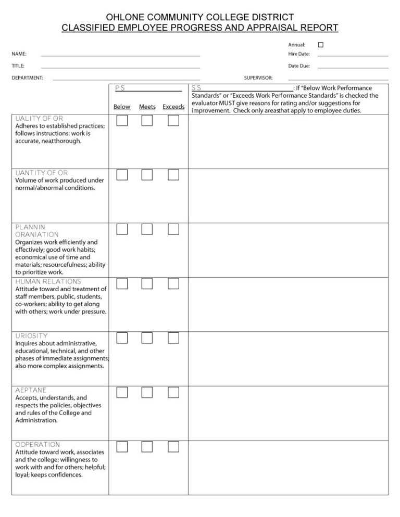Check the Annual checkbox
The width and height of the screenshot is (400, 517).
click(321, 45)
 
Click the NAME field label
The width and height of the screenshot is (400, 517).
click(20, 54)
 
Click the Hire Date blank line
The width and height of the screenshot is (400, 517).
click(353, 55)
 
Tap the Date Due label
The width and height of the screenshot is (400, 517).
click(299, 66)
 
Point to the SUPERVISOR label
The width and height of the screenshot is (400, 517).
click(258, 78)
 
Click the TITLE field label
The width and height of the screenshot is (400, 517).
click(18, 66)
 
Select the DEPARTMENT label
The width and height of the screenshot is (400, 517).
click(28, 78)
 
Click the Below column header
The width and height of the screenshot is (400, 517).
click(122, 107)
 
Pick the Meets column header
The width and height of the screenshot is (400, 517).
click(147, 107)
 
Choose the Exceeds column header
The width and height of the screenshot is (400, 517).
click(173, 107)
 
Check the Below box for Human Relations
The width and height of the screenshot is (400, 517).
click(122, 283)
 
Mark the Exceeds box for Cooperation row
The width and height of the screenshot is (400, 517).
click(173, 446)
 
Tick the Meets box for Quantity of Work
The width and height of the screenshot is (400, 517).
click(147, 175)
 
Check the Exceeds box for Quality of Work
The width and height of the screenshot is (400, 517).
click(173, 121)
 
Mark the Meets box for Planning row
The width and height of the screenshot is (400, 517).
click(147, 229)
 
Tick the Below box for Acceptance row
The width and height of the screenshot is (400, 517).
click(122, 392)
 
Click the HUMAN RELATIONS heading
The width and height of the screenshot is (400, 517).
click(48, 281)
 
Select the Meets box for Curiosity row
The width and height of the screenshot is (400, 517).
click(147, 338)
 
